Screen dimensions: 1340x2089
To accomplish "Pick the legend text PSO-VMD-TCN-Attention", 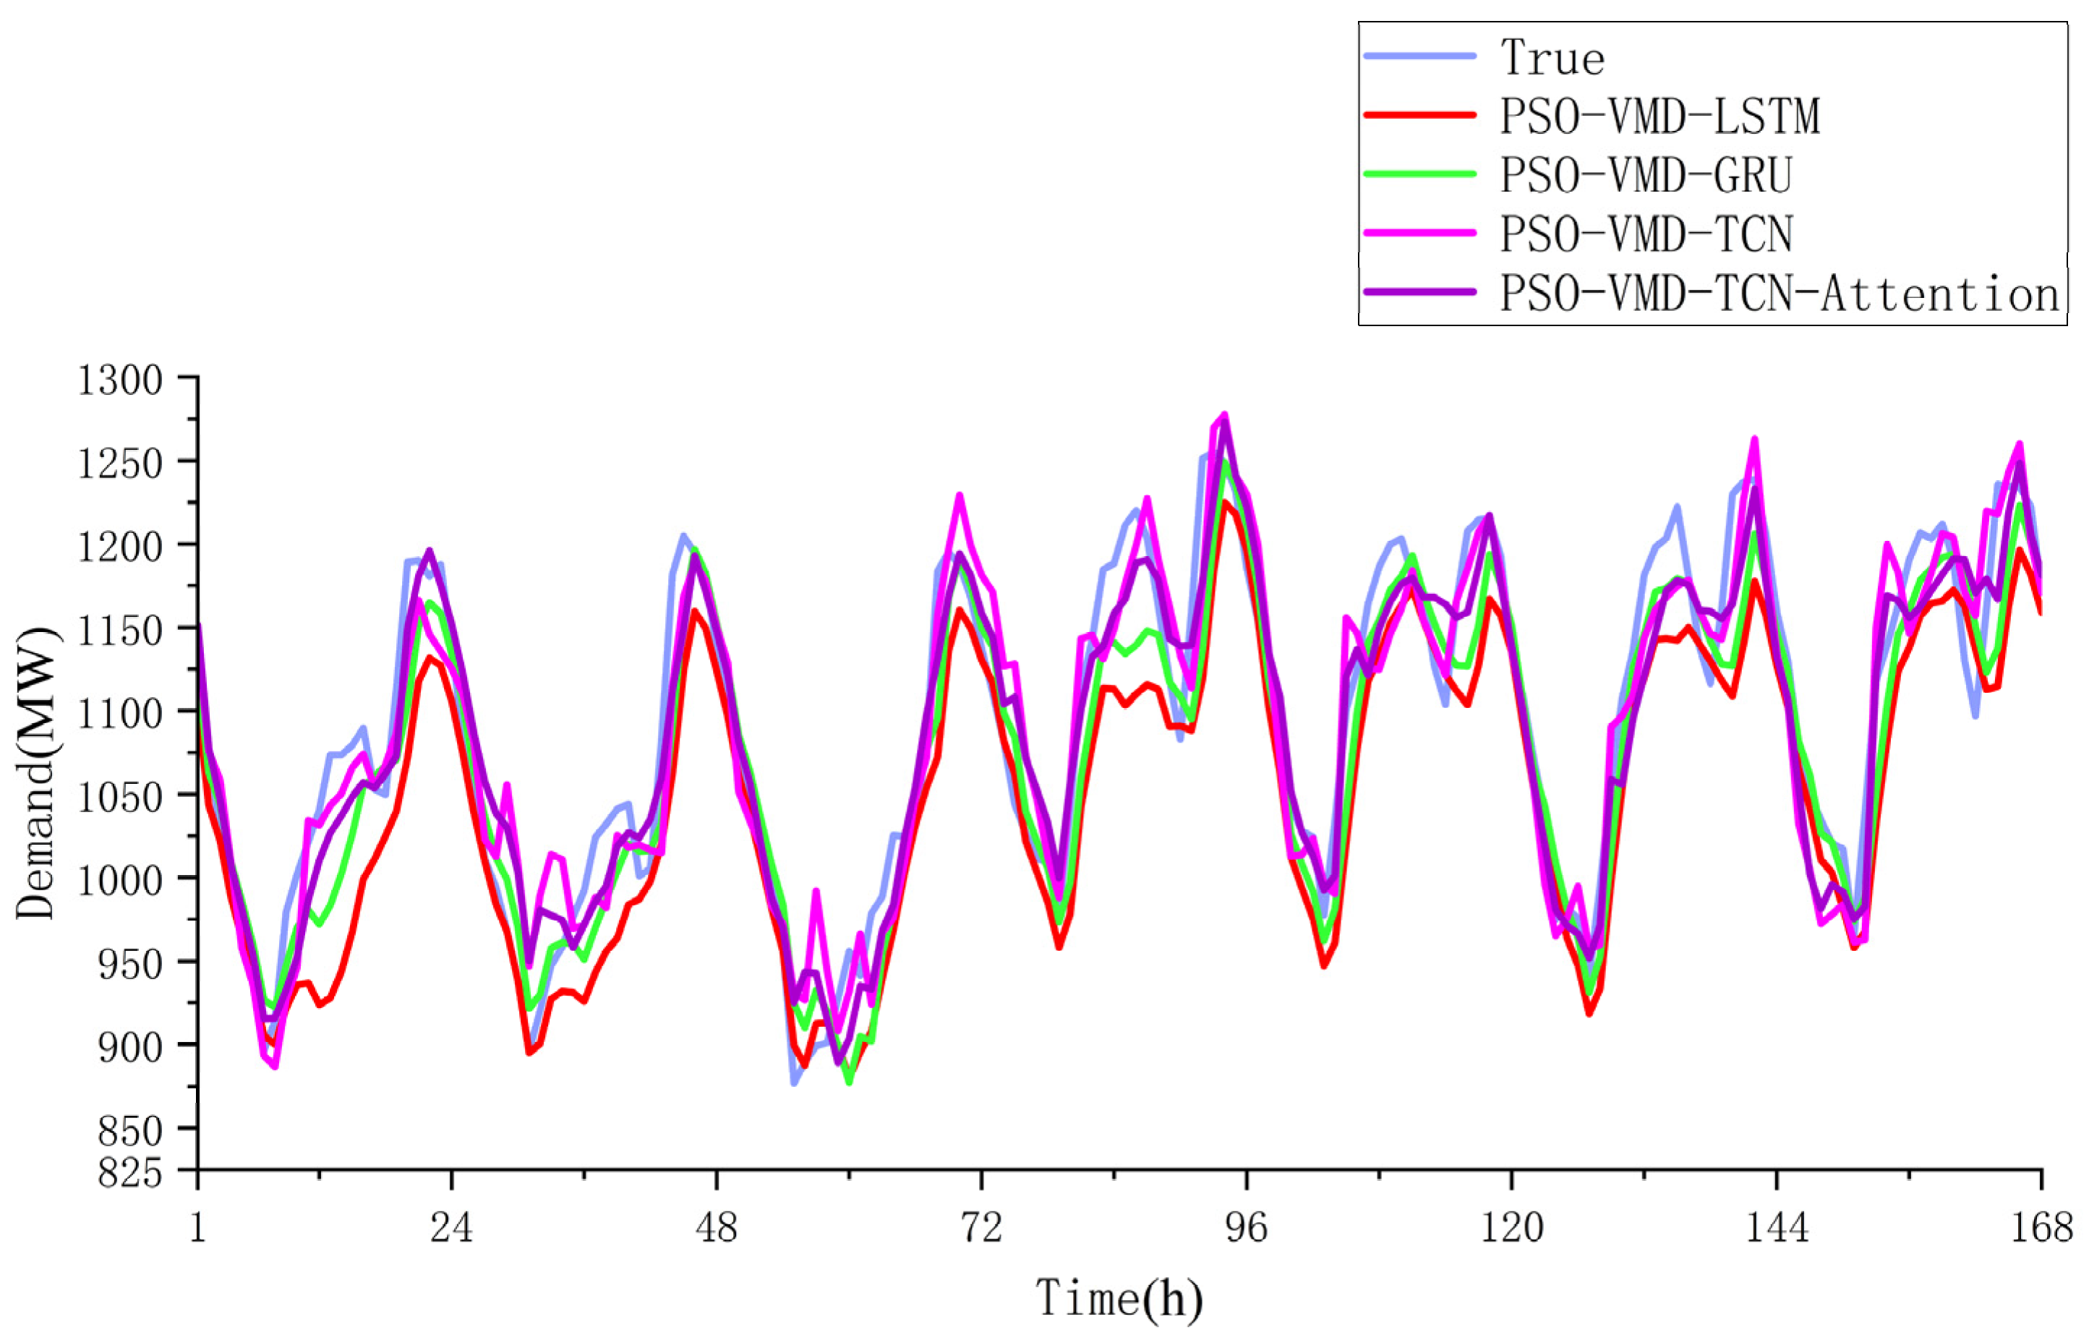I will tap(1780, 293).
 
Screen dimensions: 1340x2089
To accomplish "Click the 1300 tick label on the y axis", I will tap(120, 380).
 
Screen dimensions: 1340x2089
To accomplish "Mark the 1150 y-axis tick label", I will tap(120, 630).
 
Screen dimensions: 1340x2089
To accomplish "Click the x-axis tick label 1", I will tap(197, 1228).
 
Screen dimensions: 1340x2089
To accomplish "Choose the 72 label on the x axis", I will tap(981, 1228).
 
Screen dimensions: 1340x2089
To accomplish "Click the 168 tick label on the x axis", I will tap(2041, 1228).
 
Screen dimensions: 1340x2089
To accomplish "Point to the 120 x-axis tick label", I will tap(1511, 1228).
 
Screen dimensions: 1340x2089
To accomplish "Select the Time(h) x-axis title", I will tap(1119, 1299).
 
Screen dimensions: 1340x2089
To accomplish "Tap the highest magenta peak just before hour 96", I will tap(1224, 415).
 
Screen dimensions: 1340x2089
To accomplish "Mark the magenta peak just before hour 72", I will tap(960, 495).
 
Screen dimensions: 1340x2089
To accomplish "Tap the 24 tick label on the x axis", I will tap(451, 1228).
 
